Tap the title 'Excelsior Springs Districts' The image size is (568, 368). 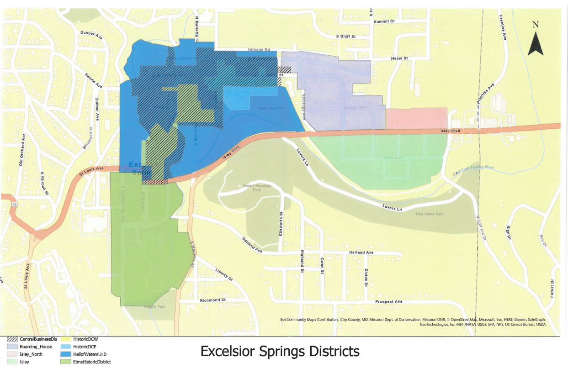click(x=280, y=352)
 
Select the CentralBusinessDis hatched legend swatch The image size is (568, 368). click(x=12, y=339)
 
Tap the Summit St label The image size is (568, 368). click(x=384, y=21)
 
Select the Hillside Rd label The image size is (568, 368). click(x=260, y=49)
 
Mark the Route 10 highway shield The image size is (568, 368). click(x=15, y=205)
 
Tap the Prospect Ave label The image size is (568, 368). click(x=388, y=302)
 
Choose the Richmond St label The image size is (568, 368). click(x=213, y=300)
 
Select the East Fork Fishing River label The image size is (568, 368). click(x=474, y=170)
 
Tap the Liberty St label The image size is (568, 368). click(x=224, y=274)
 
